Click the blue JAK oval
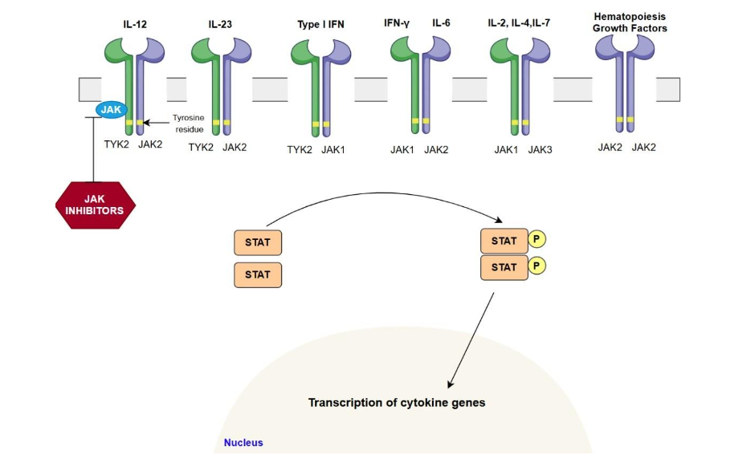click(x=112, y=109)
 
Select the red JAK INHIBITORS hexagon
click(x=95, y=205)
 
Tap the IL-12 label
click(x=134, y=24)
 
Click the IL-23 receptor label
click(x=219, y=24)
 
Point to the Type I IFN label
click(x=320, y=24)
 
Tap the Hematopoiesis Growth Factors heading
click(x=630, y=22)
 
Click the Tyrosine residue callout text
click(x=189, y=123)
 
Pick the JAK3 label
click(x=540, y=149)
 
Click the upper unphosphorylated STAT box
click(x=258, y=242)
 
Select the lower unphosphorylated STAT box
click(x=258, y=274)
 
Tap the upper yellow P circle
click(x=537, y=240)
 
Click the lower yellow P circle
click(x=537, y=265)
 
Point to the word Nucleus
click(x=243, y=442)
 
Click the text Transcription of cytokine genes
click(x=397, y=402)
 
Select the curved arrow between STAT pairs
click(x=386, y=195)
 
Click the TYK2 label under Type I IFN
click(x=300, y=149)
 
